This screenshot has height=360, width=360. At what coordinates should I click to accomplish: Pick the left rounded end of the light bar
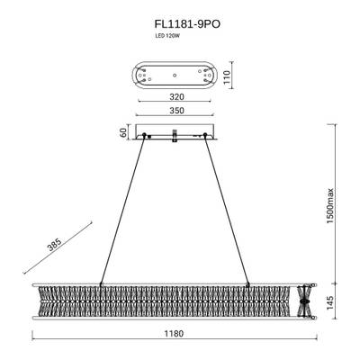click(38, 299)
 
